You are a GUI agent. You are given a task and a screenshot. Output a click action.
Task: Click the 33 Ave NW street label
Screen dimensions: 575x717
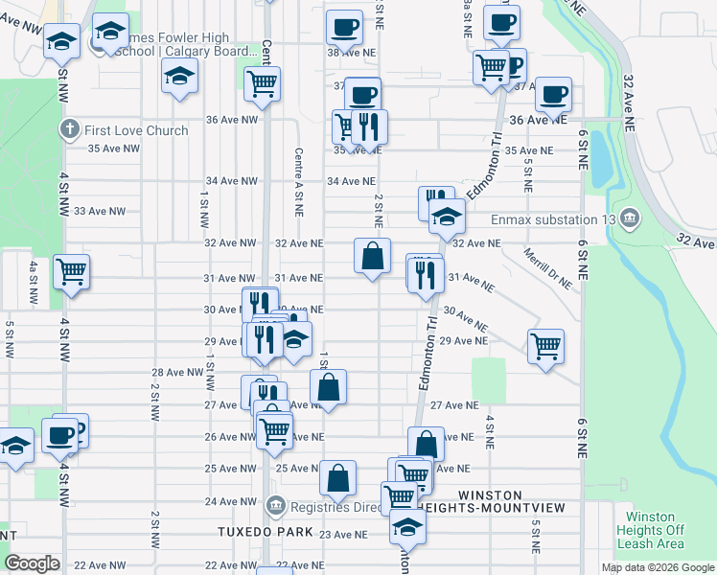(x=100, y=211)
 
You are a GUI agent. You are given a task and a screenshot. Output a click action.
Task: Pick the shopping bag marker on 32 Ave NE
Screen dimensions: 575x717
(x=373, y=256)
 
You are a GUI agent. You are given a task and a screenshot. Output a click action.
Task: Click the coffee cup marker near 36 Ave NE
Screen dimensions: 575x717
(x=554, y=94)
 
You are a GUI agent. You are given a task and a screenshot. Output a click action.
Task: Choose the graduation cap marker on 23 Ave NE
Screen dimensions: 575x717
(x=408, y=526)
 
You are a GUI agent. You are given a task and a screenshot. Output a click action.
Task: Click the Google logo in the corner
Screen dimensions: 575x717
(x=33, y=563)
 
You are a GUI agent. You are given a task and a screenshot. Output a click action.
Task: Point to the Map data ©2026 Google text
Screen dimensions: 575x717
(x=657, y=567)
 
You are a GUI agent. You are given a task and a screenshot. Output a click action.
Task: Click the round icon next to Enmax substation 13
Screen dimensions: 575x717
(x=629, y=218)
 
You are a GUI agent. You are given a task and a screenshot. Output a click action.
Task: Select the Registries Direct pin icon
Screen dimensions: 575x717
(x=277, y=504)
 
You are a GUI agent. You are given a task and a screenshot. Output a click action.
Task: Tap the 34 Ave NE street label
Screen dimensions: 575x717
(x=352, y=180)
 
